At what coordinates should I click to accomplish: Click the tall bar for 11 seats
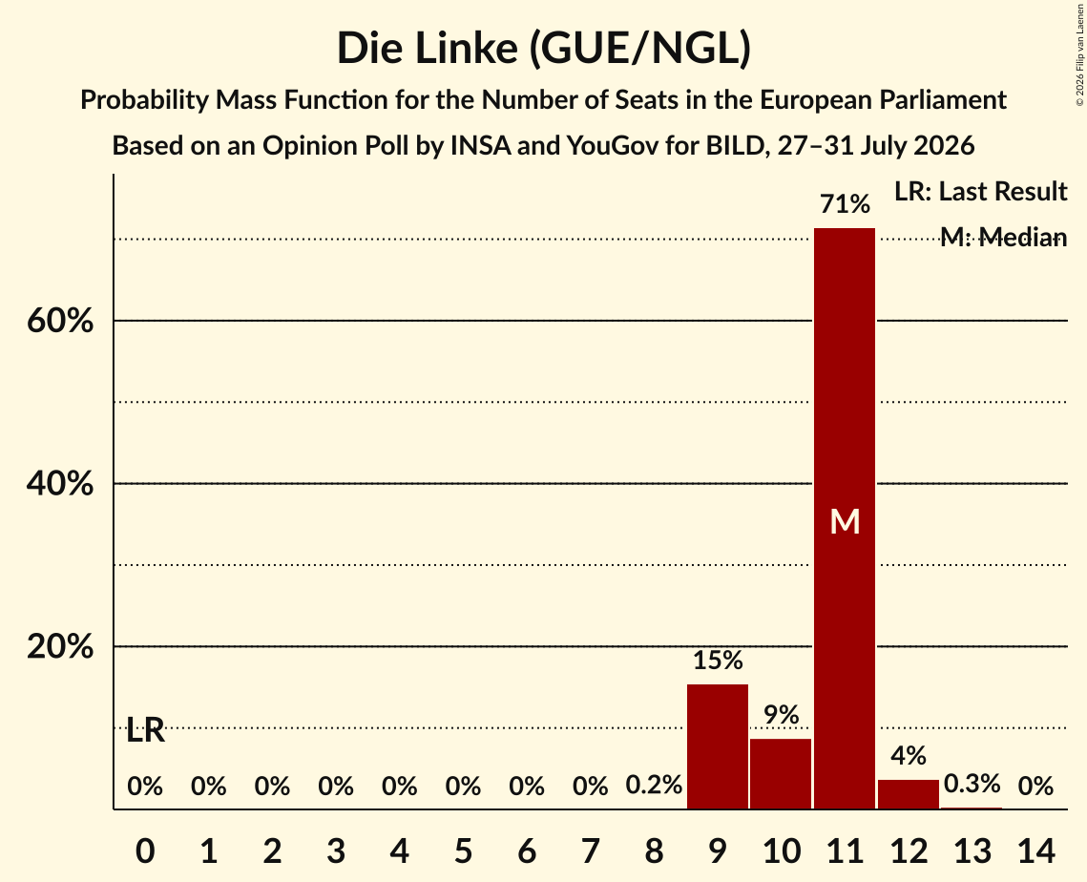click(845, 518)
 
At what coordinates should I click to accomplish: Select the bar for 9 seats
click(718, 746)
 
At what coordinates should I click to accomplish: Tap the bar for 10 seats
click(781, 774)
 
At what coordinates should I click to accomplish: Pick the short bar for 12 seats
click(909, 794)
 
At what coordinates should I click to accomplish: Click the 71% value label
click(845, 204)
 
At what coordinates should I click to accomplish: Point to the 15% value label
click(718, 661)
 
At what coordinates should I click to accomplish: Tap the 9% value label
click(782, 715)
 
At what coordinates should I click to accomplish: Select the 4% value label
click(909, 756)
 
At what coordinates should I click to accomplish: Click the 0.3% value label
click(972, 784)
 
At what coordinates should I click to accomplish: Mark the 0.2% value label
click(654, 785)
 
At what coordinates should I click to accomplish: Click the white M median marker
click(845, 521)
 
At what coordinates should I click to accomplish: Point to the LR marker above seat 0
click(146, 730)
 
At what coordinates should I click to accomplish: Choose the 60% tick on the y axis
click(60, 321)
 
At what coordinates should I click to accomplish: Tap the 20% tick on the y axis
click(60, 646)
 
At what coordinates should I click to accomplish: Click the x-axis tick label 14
click(1035, 850)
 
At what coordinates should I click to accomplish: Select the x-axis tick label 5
click(463, 850)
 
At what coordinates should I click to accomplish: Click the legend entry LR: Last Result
click(980, 191)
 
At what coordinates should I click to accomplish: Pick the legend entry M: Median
click(1003, 238)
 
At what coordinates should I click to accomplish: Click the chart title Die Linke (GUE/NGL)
click(544, 49)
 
